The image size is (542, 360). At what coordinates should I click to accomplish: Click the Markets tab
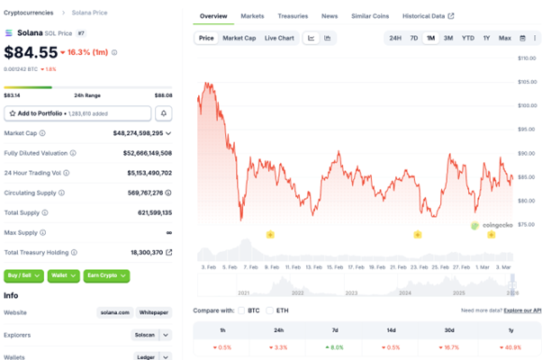click(x=252, y=16)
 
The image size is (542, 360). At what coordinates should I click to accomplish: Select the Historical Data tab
click(x=429, y=16)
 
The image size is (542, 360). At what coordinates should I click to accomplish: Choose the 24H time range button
click(x=395, y=38)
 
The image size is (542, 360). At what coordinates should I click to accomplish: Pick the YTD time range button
click(x=468, y=38)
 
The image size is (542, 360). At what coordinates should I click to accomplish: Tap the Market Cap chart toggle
click(x=239, y=38)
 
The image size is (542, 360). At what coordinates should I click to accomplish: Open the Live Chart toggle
click(x=279, y=38)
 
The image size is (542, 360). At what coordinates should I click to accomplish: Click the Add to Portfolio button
click(x=77, y=113)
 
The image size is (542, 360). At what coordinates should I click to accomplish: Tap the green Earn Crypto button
click(x=108, y=276)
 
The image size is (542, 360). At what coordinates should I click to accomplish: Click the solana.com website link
click(x=114, y=312)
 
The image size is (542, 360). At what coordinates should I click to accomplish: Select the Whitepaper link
click(x=154, y=312)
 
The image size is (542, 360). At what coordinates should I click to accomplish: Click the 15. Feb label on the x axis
click(x=335, y=267)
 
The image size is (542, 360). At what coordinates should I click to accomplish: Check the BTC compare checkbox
click(x=240, y=310)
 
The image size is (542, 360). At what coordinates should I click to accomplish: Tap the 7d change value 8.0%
click(x=337, y=346)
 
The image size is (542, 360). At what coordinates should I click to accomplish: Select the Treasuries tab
click(x=292, y=16)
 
